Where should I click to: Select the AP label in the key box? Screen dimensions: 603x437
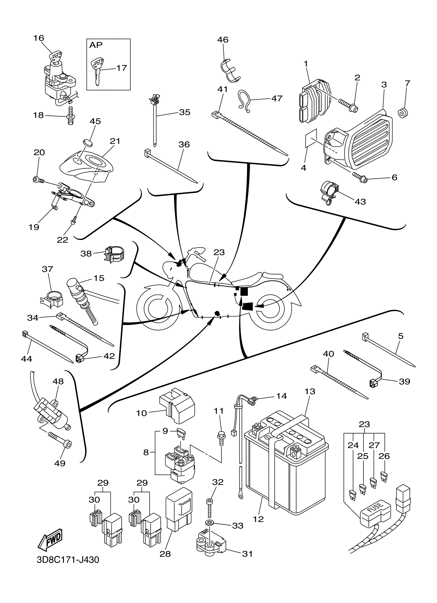(x=96, y=45)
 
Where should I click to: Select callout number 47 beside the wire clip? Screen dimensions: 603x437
(x=277, y=98)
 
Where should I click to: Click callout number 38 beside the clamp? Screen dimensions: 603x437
(x=86, y=254)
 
